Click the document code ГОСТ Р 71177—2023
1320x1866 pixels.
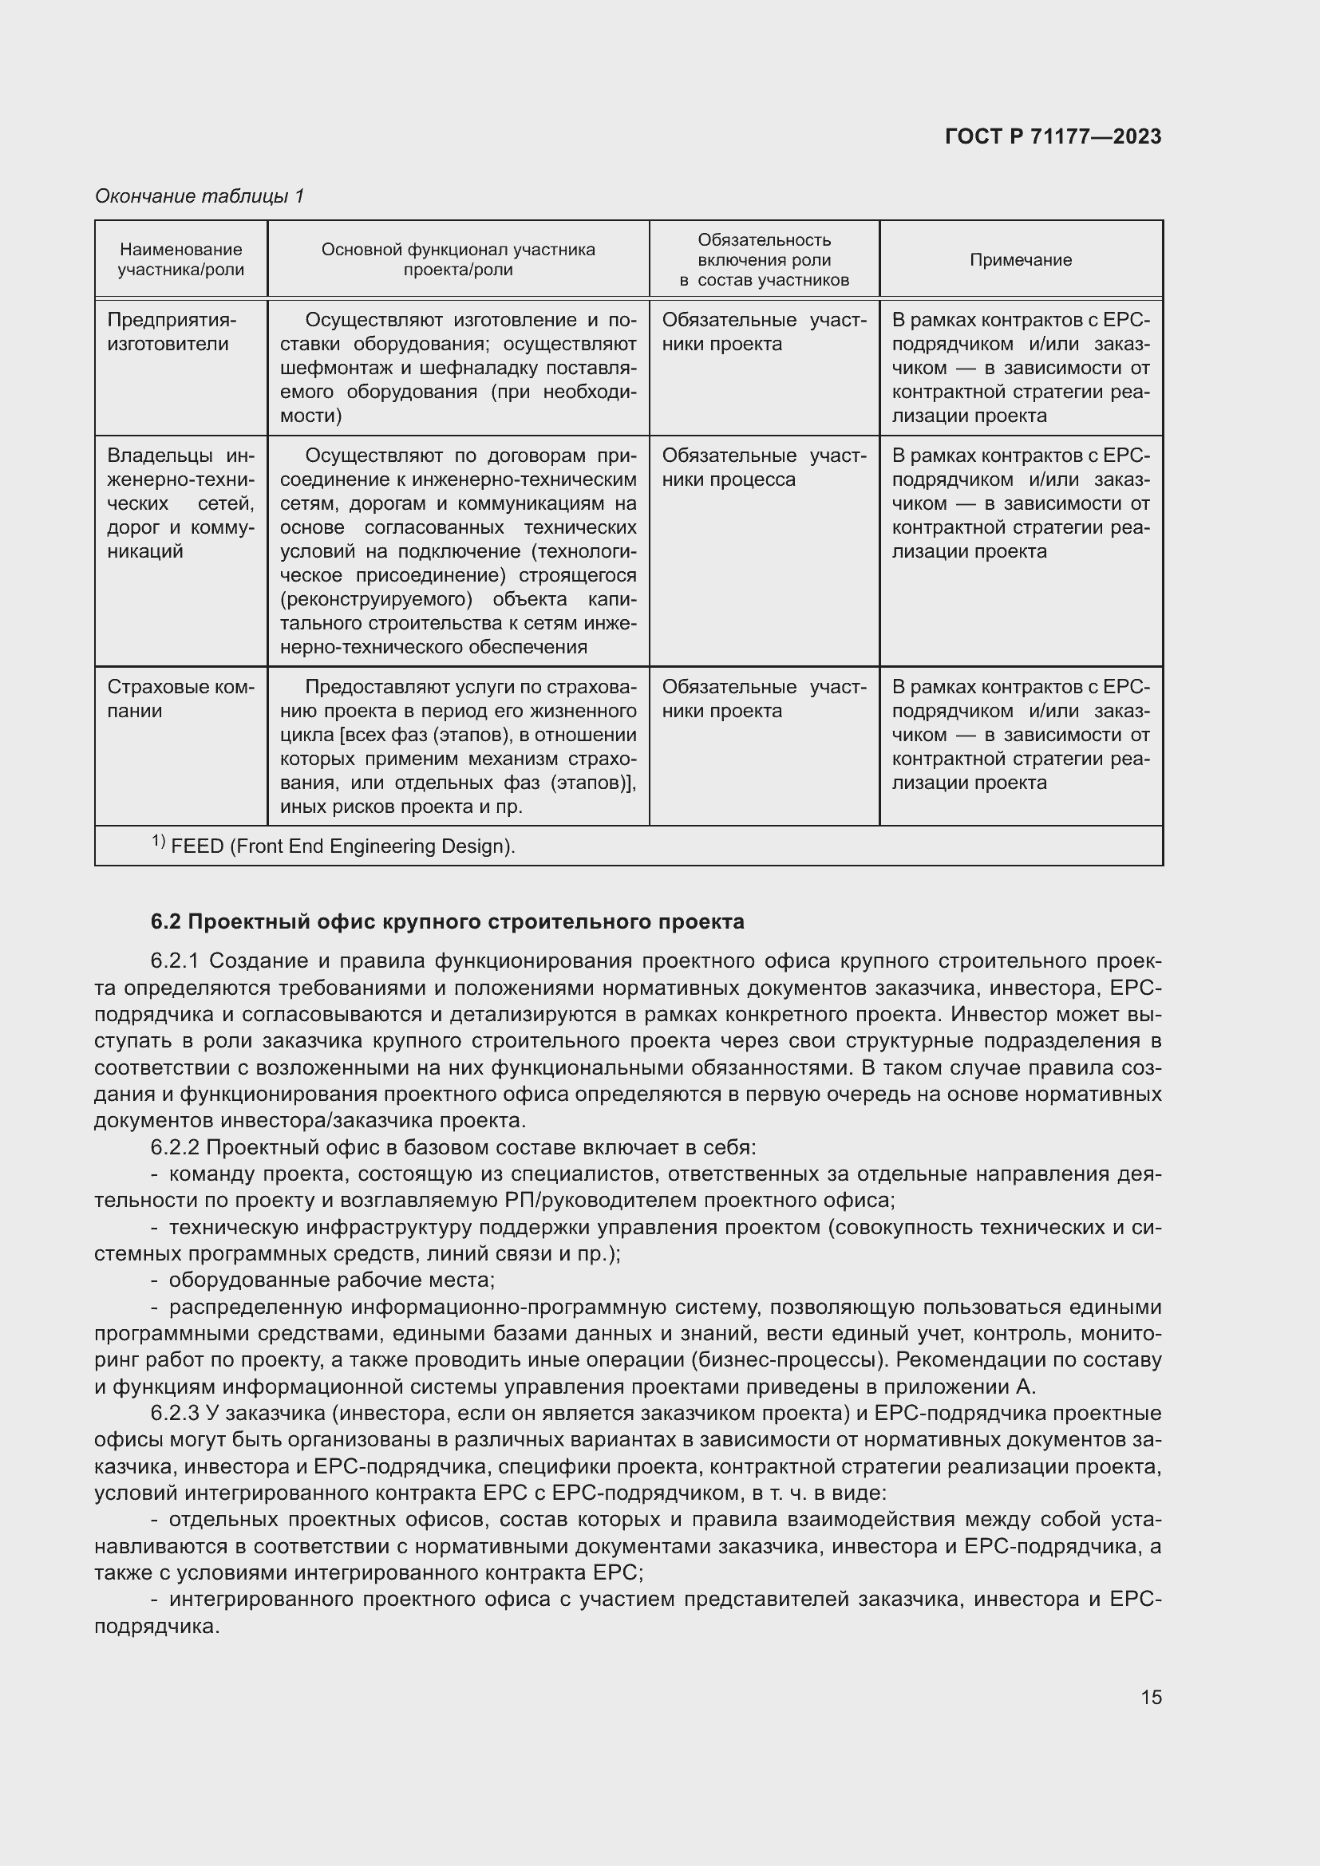[x=1053, y=136]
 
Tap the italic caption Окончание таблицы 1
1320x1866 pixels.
[x=200, y=196]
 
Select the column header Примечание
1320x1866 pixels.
[x=1020, y=260]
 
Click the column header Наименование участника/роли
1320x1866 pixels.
[x=180, y=260]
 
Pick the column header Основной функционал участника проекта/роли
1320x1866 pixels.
[x=457, y=260]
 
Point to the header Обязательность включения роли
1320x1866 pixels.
[x=763, y=251]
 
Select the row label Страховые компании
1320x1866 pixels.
[x=180, y=698]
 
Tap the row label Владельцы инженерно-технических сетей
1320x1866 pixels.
[x=180, y=503]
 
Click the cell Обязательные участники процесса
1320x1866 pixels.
[x=763, y=467]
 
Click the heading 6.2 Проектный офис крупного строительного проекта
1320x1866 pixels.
[x=447, y=921]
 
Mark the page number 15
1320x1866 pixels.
[x=1151, y=1697]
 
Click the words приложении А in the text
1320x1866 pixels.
[x=959, y=1387]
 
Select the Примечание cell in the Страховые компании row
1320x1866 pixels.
[x=1020, y=735]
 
